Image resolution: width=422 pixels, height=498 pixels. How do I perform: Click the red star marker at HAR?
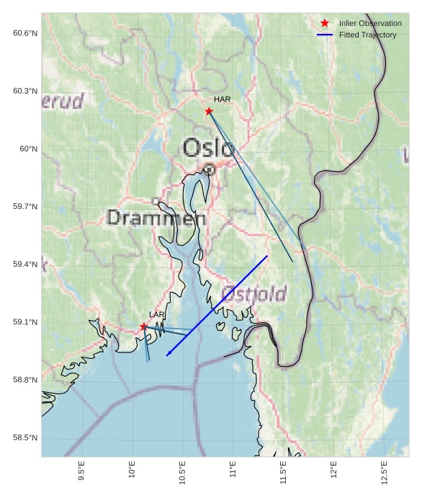click(209, 111)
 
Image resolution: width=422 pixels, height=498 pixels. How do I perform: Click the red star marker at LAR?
click(144, 326)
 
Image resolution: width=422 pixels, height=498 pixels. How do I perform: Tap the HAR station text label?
click(222, 99)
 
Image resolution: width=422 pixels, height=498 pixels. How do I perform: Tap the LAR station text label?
click(157, 315)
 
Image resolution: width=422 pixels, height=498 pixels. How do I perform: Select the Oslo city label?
click(209, 148)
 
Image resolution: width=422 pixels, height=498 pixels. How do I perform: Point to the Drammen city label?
click(156, 218)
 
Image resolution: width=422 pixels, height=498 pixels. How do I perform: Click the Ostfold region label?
click(253, 294)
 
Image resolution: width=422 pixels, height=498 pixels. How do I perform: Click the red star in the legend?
click(325, 23)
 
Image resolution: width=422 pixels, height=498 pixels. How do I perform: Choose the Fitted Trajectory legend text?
click(367, 35)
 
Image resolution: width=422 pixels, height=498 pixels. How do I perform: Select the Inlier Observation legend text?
click(370, 23)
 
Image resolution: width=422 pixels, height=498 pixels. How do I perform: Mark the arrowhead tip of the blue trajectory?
click(166, 355)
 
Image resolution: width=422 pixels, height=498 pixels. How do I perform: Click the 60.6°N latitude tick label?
click(24, 33)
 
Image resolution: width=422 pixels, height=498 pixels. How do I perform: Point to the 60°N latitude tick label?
click(28, 149)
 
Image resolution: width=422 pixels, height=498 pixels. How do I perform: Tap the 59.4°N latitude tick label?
click(24, 264)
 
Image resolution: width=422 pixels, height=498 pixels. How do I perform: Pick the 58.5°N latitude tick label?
click(24, 438)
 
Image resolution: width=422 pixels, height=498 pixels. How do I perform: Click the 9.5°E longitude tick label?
click(81, 472)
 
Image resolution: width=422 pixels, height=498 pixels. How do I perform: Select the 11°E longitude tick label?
click(233, 471)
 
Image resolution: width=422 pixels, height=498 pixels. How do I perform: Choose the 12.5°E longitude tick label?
click(384, 472)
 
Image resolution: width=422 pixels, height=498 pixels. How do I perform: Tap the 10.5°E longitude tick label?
click(182, 472)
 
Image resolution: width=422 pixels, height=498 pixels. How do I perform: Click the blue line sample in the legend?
click(325, 35)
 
